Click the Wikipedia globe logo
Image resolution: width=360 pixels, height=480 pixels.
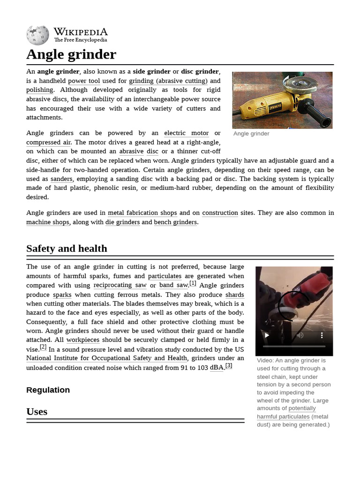click(x=37, y=36)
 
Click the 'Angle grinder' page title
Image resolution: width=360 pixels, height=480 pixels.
click(x=71, y=54)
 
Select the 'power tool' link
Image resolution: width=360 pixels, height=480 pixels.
click(x=84, y=81)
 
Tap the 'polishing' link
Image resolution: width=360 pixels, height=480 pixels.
click(x=39, y=90)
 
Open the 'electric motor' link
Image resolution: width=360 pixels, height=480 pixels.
click(x=186, y=133)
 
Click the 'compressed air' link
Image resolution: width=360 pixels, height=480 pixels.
click(x=49, y=142)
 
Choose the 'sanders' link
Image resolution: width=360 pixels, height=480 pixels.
click(x=61, y=179)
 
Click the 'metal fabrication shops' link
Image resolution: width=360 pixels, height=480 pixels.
click(x=142, y=213)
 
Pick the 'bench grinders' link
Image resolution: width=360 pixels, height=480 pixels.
click(x=175, y=222)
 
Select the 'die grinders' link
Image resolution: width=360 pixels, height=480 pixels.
click(x=122, y=222)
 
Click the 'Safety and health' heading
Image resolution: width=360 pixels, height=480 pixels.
click(x=67, y=248)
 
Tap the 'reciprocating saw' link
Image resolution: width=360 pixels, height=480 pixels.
click(x=120, y=285)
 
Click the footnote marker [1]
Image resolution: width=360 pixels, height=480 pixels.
click(x=193, y=283)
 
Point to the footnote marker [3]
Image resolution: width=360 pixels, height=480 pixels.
click(x=229, y=366)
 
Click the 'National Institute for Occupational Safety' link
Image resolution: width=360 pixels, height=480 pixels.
click(x=106, y=359)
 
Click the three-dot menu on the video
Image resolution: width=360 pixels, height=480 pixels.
click(x=322, y=335)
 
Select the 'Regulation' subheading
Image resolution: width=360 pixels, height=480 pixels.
click(x=48, y=390)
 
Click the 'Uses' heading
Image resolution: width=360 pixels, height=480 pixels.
click(x=37, y=412)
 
